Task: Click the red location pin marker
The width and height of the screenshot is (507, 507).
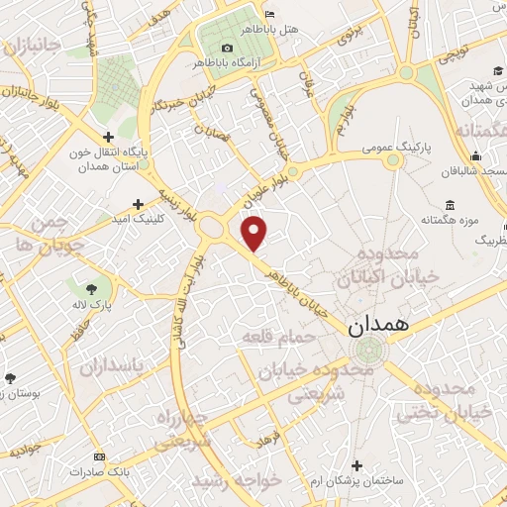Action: coord(255,233)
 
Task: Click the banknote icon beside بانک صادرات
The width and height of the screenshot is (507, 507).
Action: coord(98,456)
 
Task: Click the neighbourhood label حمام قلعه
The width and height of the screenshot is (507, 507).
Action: coord(280,339)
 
